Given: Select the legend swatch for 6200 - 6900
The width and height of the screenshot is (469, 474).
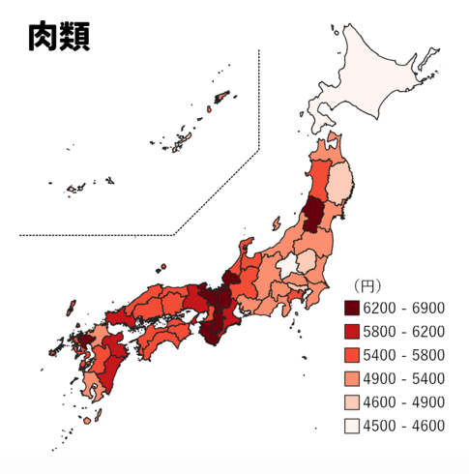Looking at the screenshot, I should tap(353, 309).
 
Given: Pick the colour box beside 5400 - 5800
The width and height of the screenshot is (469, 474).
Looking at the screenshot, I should tap(353, 355).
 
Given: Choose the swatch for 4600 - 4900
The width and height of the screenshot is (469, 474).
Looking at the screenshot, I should tap(353, 401).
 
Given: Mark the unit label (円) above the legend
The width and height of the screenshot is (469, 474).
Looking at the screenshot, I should tap(366, 285).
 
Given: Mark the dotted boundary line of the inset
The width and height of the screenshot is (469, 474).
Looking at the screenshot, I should tap(259, 97).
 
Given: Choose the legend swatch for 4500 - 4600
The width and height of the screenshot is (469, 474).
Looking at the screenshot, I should tap(353, 425).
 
